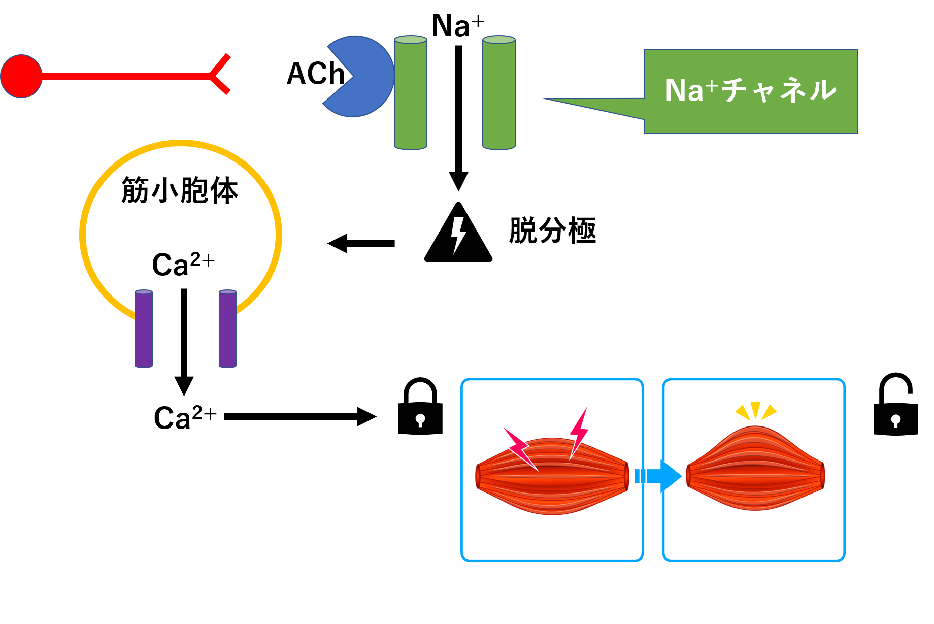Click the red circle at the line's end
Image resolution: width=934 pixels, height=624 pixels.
[x=21, y=77]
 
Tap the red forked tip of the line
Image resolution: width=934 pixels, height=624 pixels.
[x=219, y=75]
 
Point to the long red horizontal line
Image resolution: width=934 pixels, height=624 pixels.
[x=124, y=77]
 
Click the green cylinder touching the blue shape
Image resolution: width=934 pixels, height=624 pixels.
[x=411, y=93]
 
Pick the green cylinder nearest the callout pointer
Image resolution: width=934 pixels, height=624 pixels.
[x=499, y=93]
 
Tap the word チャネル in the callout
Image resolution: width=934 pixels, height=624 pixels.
[x=779, y=90]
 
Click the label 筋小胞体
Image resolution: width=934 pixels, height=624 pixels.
[x=180, y=190]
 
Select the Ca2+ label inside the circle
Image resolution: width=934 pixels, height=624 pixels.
[x=183, y=264]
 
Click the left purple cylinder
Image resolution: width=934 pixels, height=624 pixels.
[x=144, y=329]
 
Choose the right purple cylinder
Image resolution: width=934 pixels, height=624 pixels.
[x=227, y=329]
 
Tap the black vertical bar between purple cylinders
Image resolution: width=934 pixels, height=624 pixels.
[x=184, y=326]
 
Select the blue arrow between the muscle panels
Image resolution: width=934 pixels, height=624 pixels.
[x=659, y=476]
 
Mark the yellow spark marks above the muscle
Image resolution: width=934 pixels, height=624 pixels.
[x=755, y=410]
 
